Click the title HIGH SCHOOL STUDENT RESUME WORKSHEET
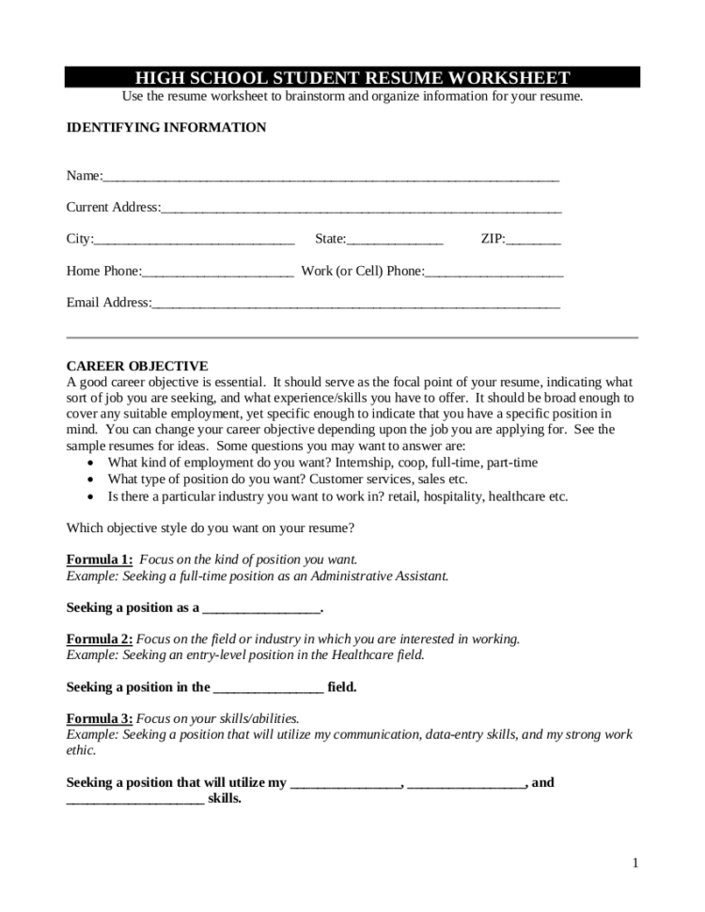[x=352, y=77]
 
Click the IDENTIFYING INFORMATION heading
[x=165, y=127]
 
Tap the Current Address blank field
[x=361, y=209]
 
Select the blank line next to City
[x=194, y=240]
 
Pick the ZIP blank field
[x=533, y=240]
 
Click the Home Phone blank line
[x=217, y=273]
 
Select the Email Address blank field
[x=355, y=304]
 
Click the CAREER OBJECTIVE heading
[x=137, y=366]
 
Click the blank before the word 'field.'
[x=269, y=688]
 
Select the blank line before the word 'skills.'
[x=134, y=800]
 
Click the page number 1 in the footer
[x=634, y=863]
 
